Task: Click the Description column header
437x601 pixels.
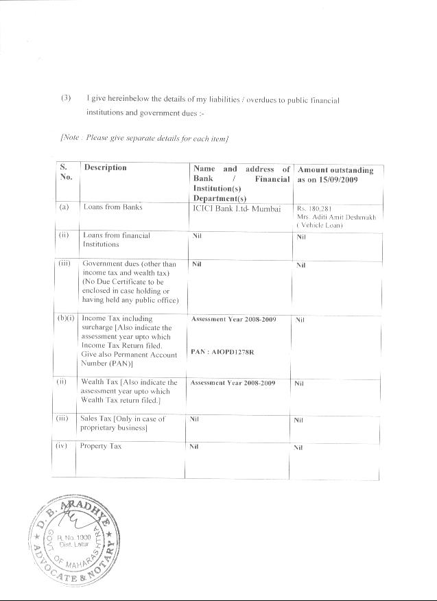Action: tap(105, 167)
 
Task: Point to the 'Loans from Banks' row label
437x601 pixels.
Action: tap(113, 207)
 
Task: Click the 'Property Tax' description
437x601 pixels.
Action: tap(101, 446)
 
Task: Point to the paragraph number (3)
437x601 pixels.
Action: tap(66, 99)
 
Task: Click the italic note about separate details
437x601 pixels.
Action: tap(144, 139)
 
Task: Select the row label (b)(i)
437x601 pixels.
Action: tap(67, 319)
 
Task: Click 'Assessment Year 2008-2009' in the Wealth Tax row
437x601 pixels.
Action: tap(233, 383)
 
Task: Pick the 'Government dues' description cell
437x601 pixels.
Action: tap(130, 282)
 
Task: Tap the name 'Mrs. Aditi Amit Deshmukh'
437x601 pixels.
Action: tap(337, 217)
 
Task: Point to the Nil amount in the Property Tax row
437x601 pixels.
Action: tap(298, 447)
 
